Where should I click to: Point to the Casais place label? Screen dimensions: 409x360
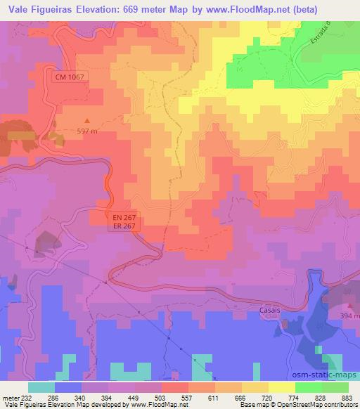(x=271, y=310)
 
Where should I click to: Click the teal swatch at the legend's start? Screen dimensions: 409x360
(x=41, y=387)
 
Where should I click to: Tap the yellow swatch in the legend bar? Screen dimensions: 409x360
(x=281, y=387)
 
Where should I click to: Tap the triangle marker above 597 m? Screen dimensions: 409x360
(x=88, y=121)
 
